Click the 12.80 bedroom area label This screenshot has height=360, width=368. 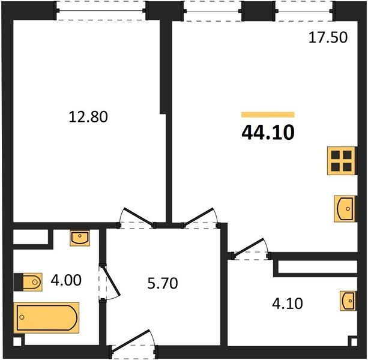click(89, 116)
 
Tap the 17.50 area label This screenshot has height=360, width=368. click(328, 38)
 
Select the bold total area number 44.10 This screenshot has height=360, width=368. click(268, 132)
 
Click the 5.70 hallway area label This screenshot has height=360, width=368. click(162, 283)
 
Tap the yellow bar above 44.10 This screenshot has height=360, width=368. click(268, 114)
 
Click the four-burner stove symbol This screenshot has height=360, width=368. click(340, 161)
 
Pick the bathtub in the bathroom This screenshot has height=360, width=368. click(47, 317)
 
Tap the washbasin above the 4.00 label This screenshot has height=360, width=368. click(80, 238)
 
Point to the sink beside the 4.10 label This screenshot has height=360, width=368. click(347, 301)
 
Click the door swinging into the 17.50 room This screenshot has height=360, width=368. click(201, 218)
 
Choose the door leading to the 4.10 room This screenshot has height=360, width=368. click(251, 250)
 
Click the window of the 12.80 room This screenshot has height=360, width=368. click(101, 11)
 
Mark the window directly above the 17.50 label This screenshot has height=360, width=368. click(304, 11)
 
